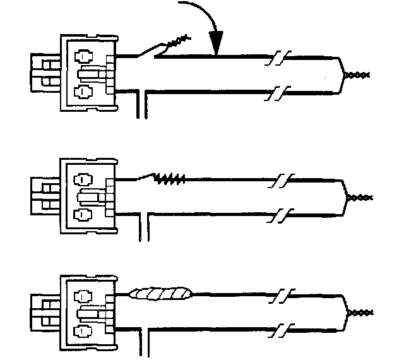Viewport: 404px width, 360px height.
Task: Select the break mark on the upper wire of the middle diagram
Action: (280, 181)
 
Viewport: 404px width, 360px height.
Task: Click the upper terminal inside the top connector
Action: (81, 56)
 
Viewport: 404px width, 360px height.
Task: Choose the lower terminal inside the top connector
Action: (81, 92)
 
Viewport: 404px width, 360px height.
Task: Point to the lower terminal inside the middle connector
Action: (81, 215)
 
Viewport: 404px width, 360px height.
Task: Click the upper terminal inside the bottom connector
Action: (81, 294)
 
